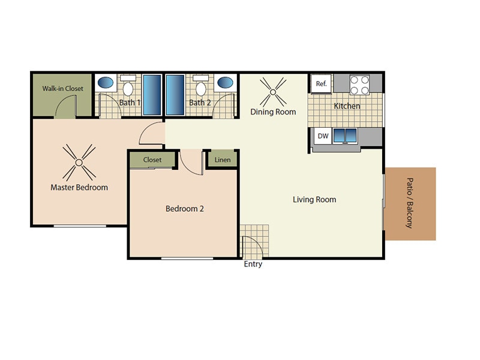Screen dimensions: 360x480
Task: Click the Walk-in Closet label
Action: [x=62, y=89]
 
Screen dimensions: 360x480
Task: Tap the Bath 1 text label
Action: [x=130, y=103]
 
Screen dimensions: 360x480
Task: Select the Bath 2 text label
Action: [x=199, y=103]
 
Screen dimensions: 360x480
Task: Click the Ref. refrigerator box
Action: [x=322, y=84]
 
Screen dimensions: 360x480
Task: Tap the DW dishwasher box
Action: [x=323, y=136]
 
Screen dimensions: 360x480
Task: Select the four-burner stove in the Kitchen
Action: [x=359, y=85]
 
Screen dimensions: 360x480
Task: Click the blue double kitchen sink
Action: [x=345, y=136]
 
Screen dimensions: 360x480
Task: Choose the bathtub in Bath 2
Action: [x=175, y=94]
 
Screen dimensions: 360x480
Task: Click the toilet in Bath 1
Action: [x=128, y=88]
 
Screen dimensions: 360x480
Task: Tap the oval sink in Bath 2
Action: [x=226, y=83]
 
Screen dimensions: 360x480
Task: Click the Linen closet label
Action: [x=223, y=160]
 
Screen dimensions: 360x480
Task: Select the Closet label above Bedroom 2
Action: [x=152, y=160]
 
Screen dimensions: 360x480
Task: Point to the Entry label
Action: [x=253, y=264]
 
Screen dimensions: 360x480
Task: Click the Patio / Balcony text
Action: [x=410, y=203]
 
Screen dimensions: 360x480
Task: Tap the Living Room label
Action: [x=314, y=200]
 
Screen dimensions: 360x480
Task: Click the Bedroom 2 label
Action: [x=185, y=209]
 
